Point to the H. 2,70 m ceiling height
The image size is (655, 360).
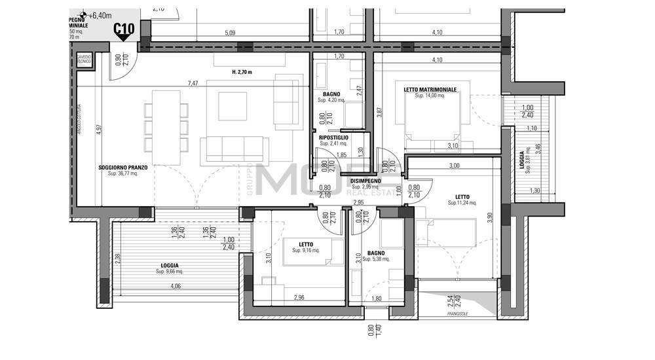pos(242,72)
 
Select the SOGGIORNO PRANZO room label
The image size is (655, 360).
pos(122,167)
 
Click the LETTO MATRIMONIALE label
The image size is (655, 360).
pos(430,89)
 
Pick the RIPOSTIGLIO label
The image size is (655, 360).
pos(333,137)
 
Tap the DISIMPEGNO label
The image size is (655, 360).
pos(365,180)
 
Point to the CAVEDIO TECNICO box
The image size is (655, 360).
pos(84,60)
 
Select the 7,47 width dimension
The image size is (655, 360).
pos(193,83)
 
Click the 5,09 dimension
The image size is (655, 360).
pos(229,32)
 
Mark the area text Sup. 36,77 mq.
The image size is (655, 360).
pos(122,173)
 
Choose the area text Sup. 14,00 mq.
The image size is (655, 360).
pos(430,96)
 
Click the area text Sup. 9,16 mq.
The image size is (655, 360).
pos(305,250)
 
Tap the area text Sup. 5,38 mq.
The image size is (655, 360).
pos(376,259)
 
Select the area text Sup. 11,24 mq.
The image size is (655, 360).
pos(462,203)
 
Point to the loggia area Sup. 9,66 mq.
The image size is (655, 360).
pos(169,272)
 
